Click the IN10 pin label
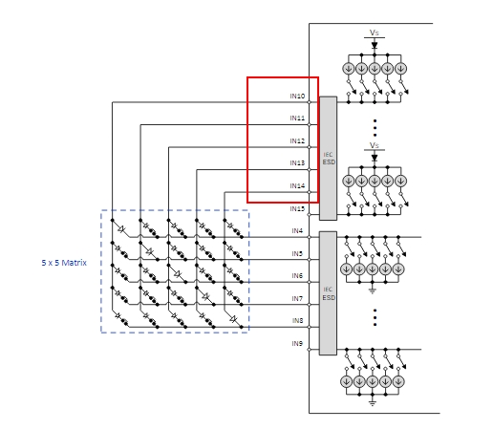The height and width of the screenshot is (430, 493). coord(297,96)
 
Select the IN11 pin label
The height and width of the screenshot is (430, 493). coord(297,118)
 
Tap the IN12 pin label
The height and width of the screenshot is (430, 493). coord(297,140)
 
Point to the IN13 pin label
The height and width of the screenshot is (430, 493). coord(297,163)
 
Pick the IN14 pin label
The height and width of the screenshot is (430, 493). coord(297,185)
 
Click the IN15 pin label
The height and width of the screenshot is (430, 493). coord(297,208)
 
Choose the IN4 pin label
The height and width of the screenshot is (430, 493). coord(297,230)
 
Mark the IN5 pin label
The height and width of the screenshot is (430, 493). coord(297,253)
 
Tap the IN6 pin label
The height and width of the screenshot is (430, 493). coord(297,275)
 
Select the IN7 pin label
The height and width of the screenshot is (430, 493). coord(297,298)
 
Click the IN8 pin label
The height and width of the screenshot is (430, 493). coord(297,320)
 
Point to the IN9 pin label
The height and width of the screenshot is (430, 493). coord(297,343)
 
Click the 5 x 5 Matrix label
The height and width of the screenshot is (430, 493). coord(64,263)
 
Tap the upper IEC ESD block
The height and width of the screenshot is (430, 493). coord(329,159)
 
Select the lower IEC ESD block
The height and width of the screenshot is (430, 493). coord(329,293)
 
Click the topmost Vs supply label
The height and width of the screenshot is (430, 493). coord(375,32)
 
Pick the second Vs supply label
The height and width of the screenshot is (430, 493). coord(375,145)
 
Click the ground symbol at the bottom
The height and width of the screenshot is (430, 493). coord(373,403)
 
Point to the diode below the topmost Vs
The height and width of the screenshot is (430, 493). coord(375,45)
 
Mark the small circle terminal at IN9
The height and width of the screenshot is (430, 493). coord(309,350)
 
